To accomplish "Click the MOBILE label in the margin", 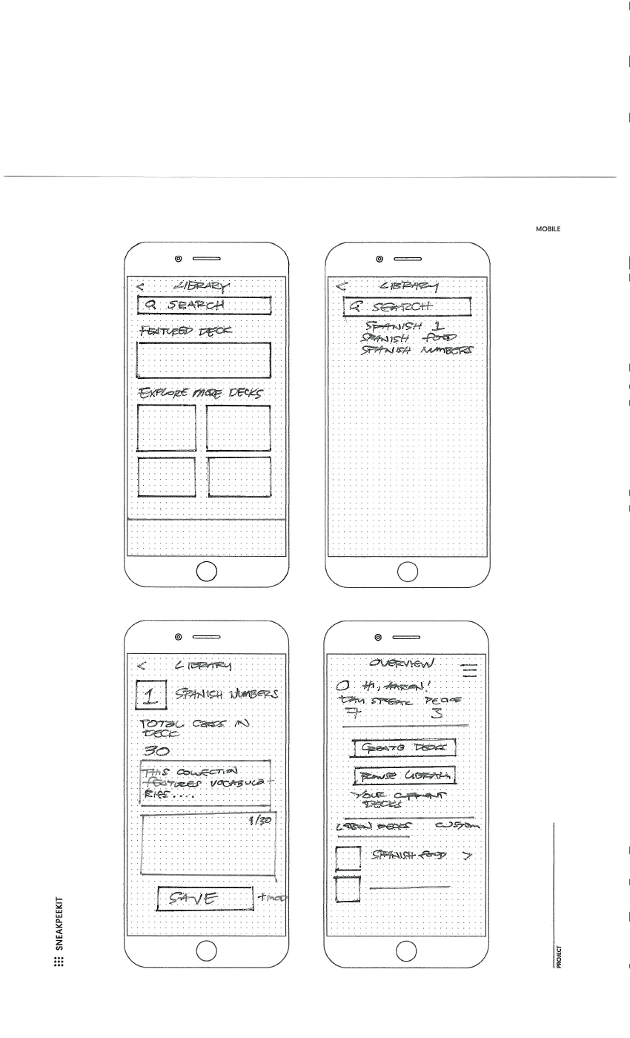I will click(x=548, y=229).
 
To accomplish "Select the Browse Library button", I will click(x=403, y=776).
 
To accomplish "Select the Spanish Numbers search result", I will click(x=417, y=350).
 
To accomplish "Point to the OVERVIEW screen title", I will click(x=408, y=662).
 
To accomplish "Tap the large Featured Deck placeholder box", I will click(x=205, y=360).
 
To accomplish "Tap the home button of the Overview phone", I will click(x=408, y=949).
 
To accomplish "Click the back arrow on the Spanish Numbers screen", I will click(x=142, y=665).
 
